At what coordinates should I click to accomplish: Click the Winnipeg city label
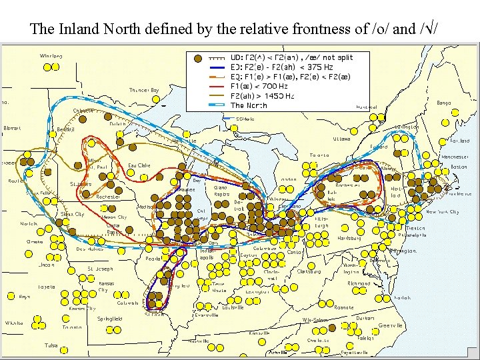(51, 56)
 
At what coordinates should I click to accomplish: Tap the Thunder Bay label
(144, 90)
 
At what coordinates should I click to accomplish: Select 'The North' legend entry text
(249, 105)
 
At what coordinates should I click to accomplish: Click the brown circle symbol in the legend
(197, 58)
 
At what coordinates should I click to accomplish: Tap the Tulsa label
(51, 345)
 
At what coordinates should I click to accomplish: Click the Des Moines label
(89, 249)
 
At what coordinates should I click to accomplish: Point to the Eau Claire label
(139, 165)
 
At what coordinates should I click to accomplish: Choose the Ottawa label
(342, 139)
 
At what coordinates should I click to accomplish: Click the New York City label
(442, 212)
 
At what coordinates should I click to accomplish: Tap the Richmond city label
(359, 283)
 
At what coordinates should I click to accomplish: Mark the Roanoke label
(344, 307)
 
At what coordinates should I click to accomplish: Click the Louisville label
(233, 307)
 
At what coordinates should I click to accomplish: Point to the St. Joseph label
(100, 269)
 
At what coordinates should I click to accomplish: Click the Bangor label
(443, 103)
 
